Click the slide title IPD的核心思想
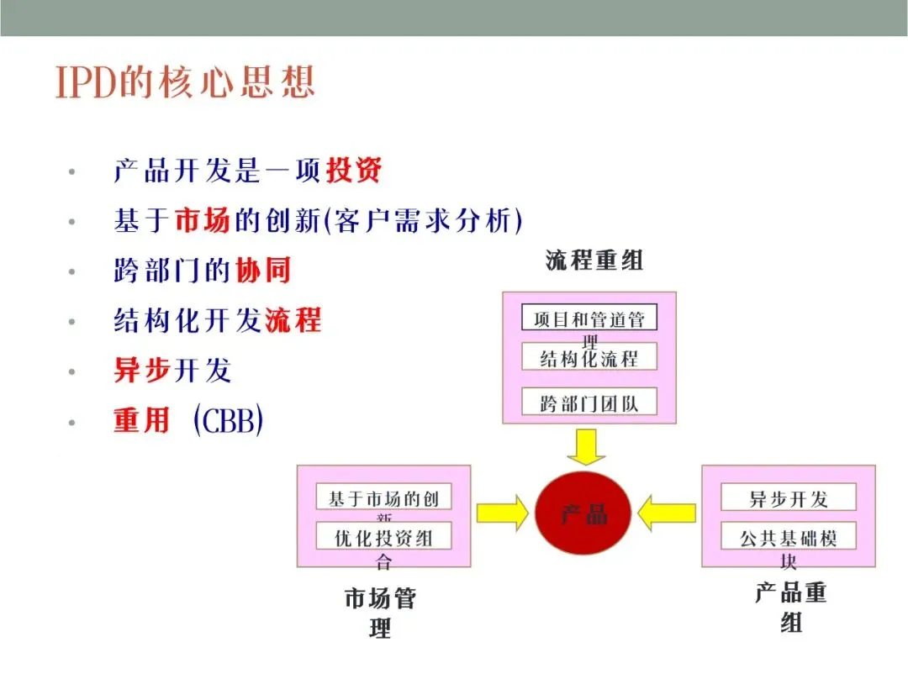click(x=186, y=82)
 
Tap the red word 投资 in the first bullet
click(x=354, y=171)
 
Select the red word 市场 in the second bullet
click(x=202, y=221)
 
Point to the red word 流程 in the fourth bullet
click(x=293, y=320)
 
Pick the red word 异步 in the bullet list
click(x=142, y=370)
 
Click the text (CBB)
click(x=228, y=420)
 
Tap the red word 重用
click(x=142, y=420)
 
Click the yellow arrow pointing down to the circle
click(x=586, y=447)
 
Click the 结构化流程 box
click(x=589, y=358)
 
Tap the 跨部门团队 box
click(x=589, y=403)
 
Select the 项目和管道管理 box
click(x=589, y=319)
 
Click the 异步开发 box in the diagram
click(x=788, y=497)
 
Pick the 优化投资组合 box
click(x=383, y=537)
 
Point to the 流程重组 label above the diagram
click(x=594, y=260)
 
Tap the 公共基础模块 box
click(x=788, y=537)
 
